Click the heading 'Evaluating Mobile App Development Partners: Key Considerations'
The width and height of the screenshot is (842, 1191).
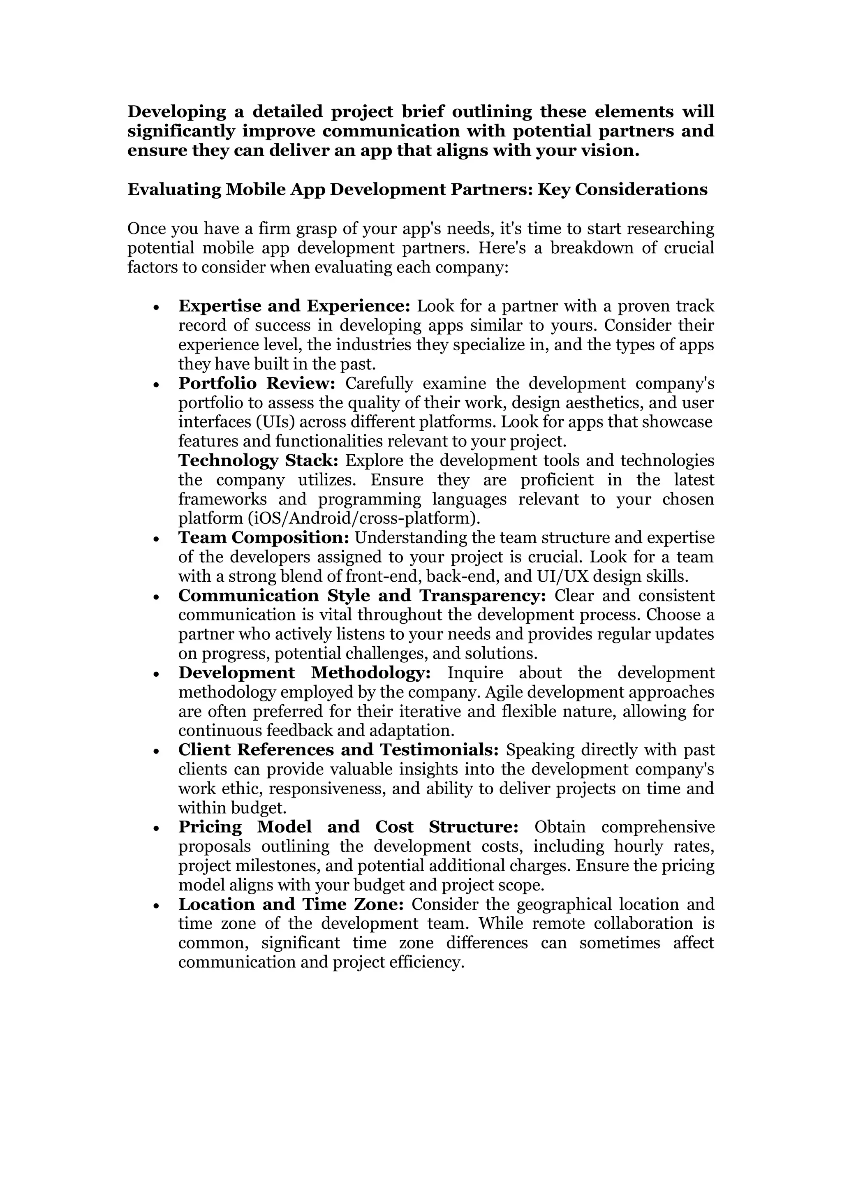tap(417, 190)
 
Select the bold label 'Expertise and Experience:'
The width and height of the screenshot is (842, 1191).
tap(294, 306)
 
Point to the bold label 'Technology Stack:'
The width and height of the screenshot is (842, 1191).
tap(258, 460)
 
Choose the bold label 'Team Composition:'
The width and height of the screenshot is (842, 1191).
tap(264, 537)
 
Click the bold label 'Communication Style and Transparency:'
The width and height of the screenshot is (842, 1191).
tap(362, 595)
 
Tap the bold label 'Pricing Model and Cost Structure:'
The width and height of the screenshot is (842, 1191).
tap(348, 827)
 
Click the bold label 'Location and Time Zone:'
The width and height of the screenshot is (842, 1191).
tap(291, 904)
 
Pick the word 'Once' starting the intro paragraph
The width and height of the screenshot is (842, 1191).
tap(147, 229)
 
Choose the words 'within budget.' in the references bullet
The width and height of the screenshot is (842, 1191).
tap(232, 808)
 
